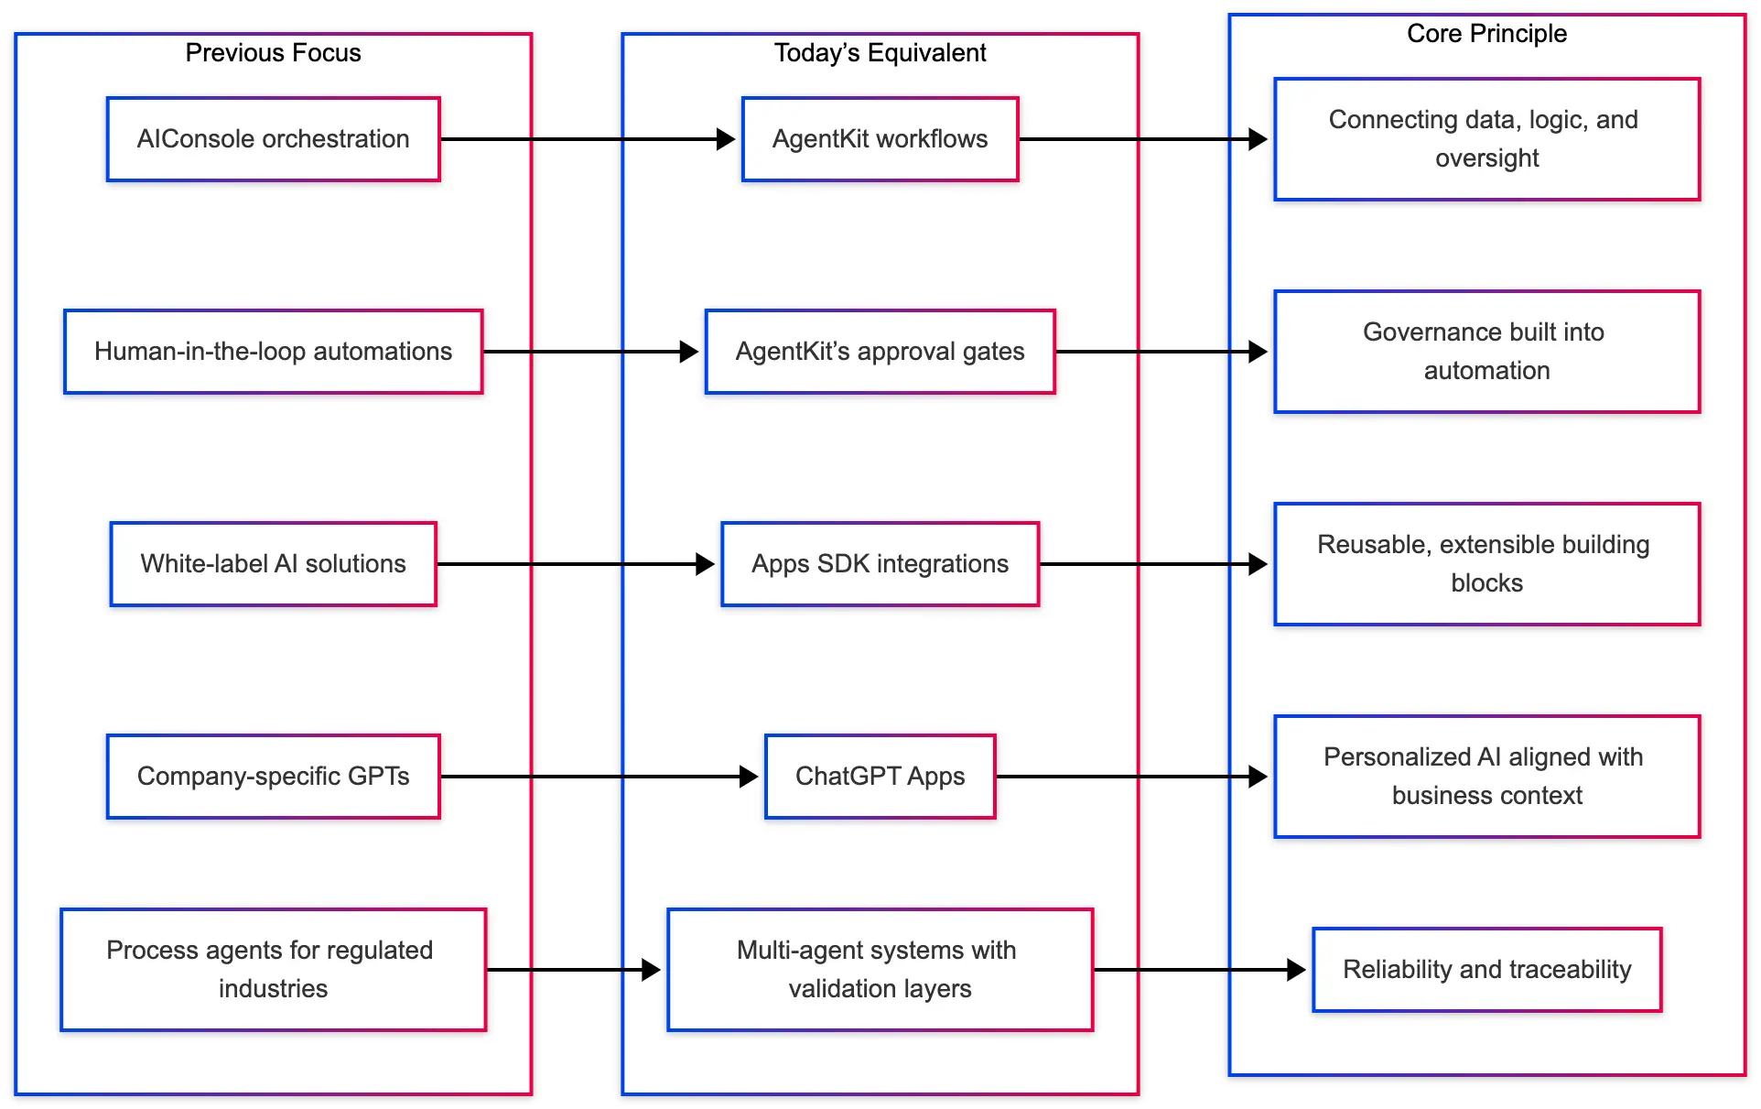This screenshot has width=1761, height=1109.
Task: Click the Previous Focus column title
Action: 273,53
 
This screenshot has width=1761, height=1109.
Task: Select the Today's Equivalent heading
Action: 880,53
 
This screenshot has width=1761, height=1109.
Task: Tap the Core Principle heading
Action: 1486,34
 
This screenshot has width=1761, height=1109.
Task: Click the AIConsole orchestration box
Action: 273,139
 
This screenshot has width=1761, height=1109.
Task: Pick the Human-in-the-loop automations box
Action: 273,352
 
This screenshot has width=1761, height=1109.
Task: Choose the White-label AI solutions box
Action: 273,564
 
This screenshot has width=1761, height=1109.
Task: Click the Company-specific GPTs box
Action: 273,777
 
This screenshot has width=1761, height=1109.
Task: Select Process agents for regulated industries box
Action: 273,970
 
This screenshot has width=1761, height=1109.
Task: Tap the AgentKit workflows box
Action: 880,139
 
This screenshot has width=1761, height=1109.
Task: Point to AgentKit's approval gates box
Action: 880,352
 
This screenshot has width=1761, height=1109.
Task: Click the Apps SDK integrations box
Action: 880,564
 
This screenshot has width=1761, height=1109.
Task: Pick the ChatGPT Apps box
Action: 880,777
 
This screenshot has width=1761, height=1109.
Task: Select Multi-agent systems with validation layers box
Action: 880,970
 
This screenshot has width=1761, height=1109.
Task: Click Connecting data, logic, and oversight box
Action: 1486,139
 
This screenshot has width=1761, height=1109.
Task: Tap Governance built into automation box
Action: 1486,352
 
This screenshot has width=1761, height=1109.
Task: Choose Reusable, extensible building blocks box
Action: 1486,564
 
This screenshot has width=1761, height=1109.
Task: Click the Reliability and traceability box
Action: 1486,970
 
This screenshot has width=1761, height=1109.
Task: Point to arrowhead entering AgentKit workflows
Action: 727,139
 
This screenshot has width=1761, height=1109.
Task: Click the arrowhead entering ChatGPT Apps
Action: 750,777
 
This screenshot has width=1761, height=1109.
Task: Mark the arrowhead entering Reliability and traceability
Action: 1297,970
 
